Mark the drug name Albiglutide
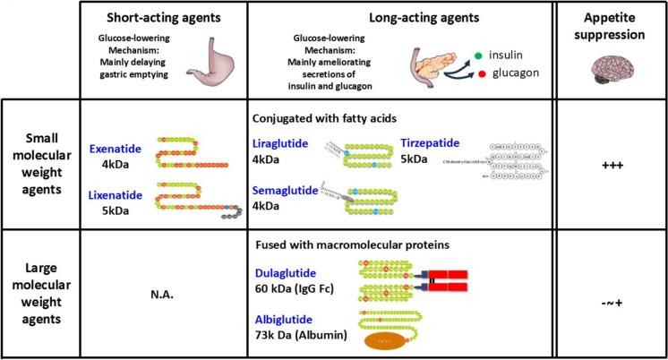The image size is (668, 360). coord(285,319)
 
